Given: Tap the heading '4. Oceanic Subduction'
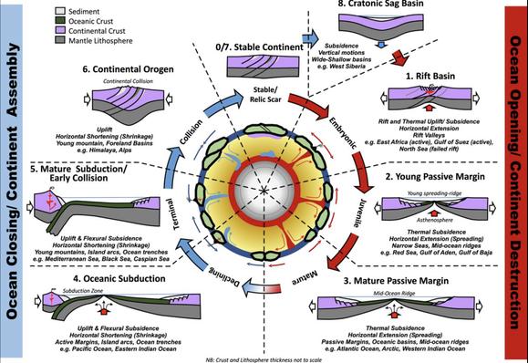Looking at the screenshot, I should click(x=98, y=277).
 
